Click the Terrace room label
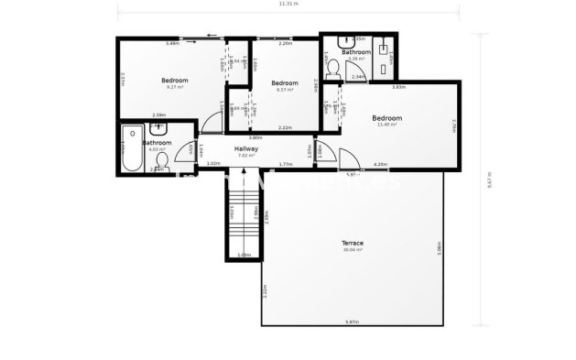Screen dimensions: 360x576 pos(353,243)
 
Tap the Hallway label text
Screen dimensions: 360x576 pos(246,148)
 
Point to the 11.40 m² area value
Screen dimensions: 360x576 pos(386,125)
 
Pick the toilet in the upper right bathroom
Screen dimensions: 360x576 pos(331,66)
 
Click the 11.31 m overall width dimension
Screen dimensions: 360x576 pos(288,5)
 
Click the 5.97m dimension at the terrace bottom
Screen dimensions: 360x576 pos(353,321)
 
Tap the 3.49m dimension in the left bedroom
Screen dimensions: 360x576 pos(171,43)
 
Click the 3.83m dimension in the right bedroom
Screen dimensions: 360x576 pos(398,88)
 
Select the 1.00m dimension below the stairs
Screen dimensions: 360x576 pos(244,255)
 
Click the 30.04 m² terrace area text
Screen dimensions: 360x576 pos(353,249)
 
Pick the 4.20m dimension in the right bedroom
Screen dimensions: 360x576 pos(380,164)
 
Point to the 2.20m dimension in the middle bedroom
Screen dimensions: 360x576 pos(285,43)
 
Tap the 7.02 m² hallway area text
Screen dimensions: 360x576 pos(245,156)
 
